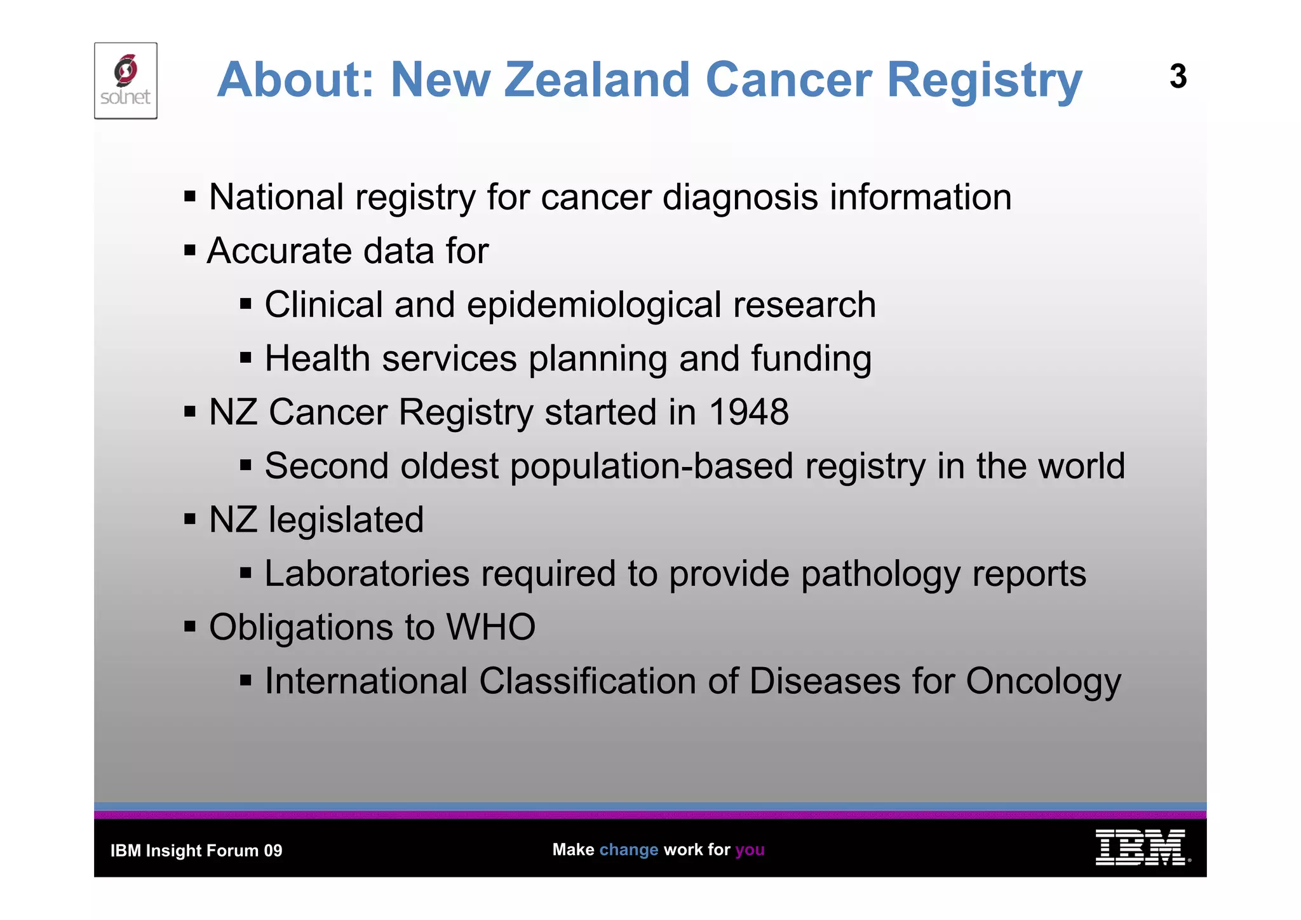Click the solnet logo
tap(126, 81)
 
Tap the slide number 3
tap(1178, 77)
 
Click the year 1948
tap(749, 412)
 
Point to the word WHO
tap(491, 627)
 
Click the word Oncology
tap(1044, 682)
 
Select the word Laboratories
tap(367, 574)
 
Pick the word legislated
tap(346, 520)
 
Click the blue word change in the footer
tap(629, 849)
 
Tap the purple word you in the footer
tap(750, 850)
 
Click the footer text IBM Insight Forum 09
tap(196, 851)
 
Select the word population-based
tap(652, 466)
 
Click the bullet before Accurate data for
tap(189, 250)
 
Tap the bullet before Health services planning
tap(246, 358)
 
